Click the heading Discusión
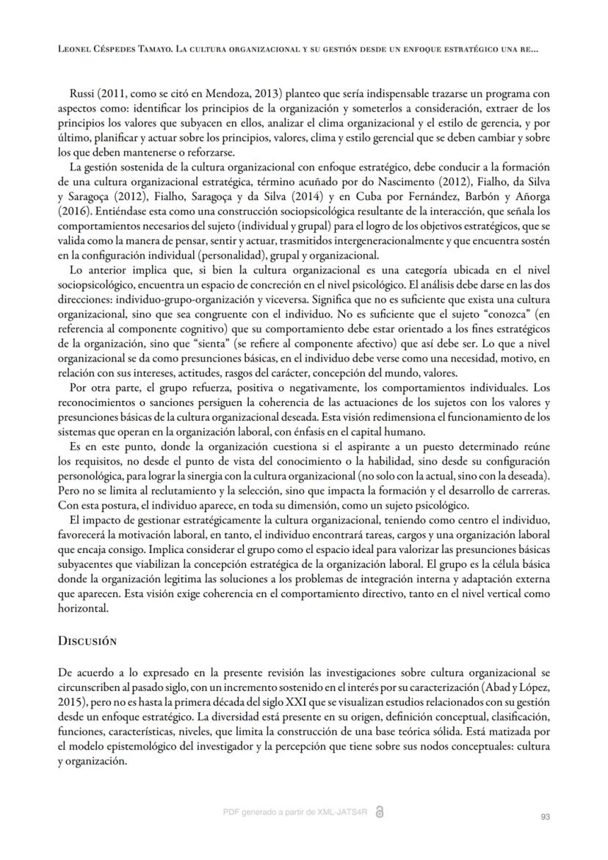click(x=87, y=640)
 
